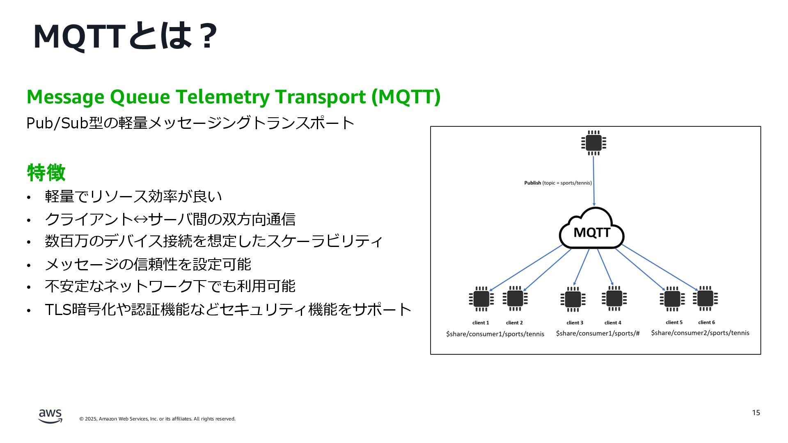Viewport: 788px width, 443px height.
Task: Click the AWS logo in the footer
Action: [50, 416]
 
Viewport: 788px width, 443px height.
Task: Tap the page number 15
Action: [756, 413]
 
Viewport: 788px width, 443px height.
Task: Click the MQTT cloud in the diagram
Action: [592, 230]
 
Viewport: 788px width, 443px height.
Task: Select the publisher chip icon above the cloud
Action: [593, 143]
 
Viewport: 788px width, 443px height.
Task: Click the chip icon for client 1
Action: [481, 299]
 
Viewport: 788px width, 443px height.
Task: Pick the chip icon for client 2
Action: [515, 299]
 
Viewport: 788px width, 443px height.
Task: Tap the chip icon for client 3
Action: [573, 299]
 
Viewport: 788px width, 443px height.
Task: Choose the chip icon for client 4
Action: [614, 299]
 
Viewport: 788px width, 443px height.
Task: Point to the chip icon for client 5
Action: [672, 299]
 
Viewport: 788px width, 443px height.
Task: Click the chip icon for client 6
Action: [705, 299]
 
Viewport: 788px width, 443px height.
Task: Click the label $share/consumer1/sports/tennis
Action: [495, 334]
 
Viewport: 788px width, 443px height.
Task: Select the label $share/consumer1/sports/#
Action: [598, 333]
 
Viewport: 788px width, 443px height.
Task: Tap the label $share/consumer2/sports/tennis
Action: [700, 333]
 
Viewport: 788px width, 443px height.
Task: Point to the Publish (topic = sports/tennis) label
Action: [558, 183]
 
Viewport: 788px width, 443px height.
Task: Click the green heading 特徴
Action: [46, 172]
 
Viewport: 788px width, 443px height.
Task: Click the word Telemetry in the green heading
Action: [223, 97]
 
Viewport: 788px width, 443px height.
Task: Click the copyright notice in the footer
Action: [157, 419]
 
